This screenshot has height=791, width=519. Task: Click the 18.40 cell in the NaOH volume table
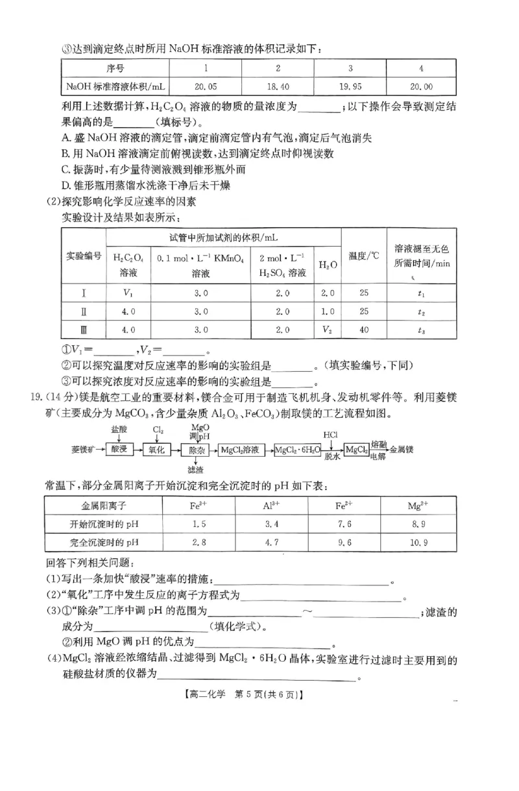278,86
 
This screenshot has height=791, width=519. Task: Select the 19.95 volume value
350,86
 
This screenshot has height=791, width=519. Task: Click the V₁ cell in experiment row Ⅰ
128,293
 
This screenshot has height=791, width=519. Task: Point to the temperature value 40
364,330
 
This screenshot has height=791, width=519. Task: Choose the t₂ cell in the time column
422,311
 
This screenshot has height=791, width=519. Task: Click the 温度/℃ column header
364,256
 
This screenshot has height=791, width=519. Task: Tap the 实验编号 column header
84,256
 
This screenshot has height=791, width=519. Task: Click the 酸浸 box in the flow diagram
119,449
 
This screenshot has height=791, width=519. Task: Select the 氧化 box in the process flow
158,449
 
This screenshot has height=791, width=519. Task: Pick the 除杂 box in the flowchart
196,449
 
